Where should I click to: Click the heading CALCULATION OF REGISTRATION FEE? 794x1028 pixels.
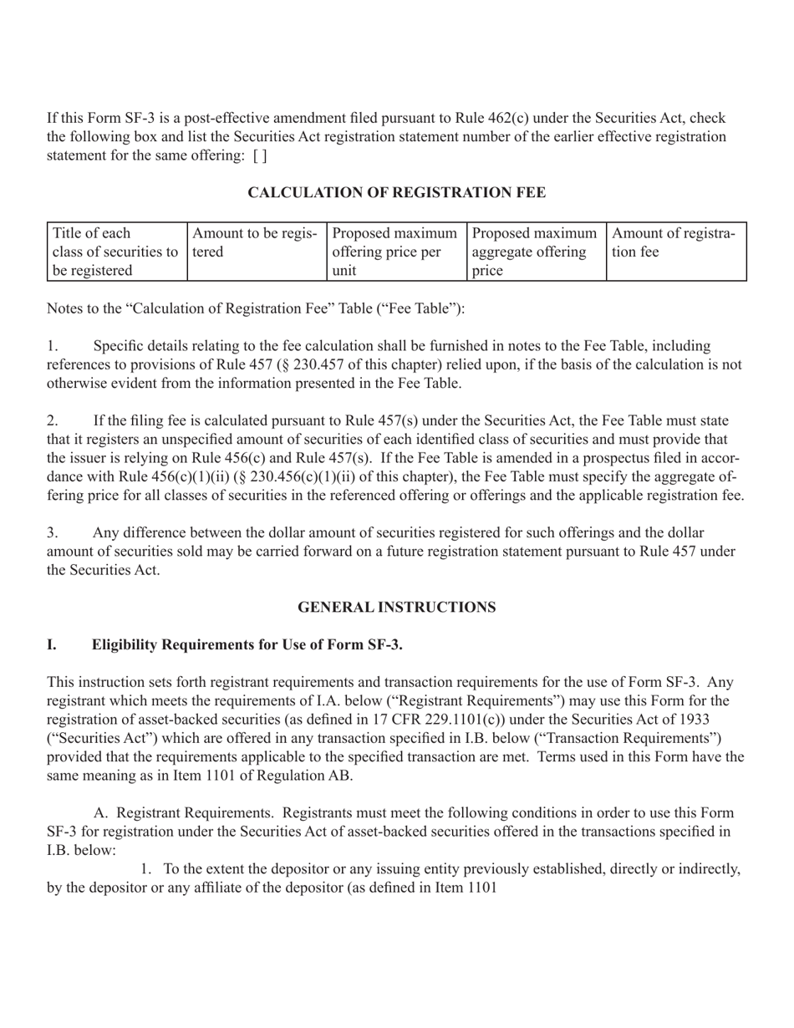click(396, 193)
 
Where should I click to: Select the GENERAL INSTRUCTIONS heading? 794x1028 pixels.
click(396, 608)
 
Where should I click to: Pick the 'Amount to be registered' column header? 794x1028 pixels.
click(256, 242)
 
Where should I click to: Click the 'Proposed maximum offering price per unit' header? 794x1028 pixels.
click(395, 252)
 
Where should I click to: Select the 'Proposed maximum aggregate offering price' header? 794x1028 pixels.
click(535, 252)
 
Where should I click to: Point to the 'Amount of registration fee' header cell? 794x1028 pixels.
click(674, 242)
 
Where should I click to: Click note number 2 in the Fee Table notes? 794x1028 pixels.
click(52, 420)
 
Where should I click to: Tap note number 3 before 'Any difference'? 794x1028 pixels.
click(52, 532)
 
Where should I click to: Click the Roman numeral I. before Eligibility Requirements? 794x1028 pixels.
click(52, 644)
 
